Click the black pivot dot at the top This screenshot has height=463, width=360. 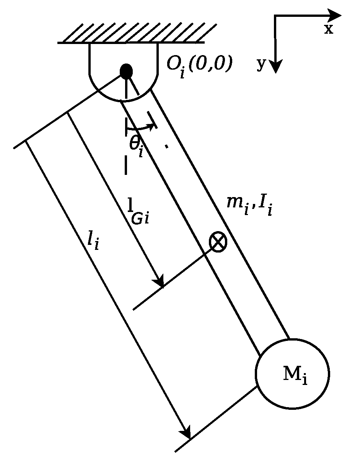(x=126, y=72)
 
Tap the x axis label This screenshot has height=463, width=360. (x=329, y=29)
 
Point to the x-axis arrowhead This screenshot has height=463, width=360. (x=334, y=15)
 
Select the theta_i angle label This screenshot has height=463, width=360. (x=136, y=145)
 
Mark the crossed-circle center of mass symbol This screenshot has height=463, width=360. (x=218, y=242)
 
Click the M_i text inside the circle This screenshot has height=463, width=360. (x=295, y=375)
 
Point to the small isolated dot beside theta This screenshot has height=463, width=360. (x=166, y=146)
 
